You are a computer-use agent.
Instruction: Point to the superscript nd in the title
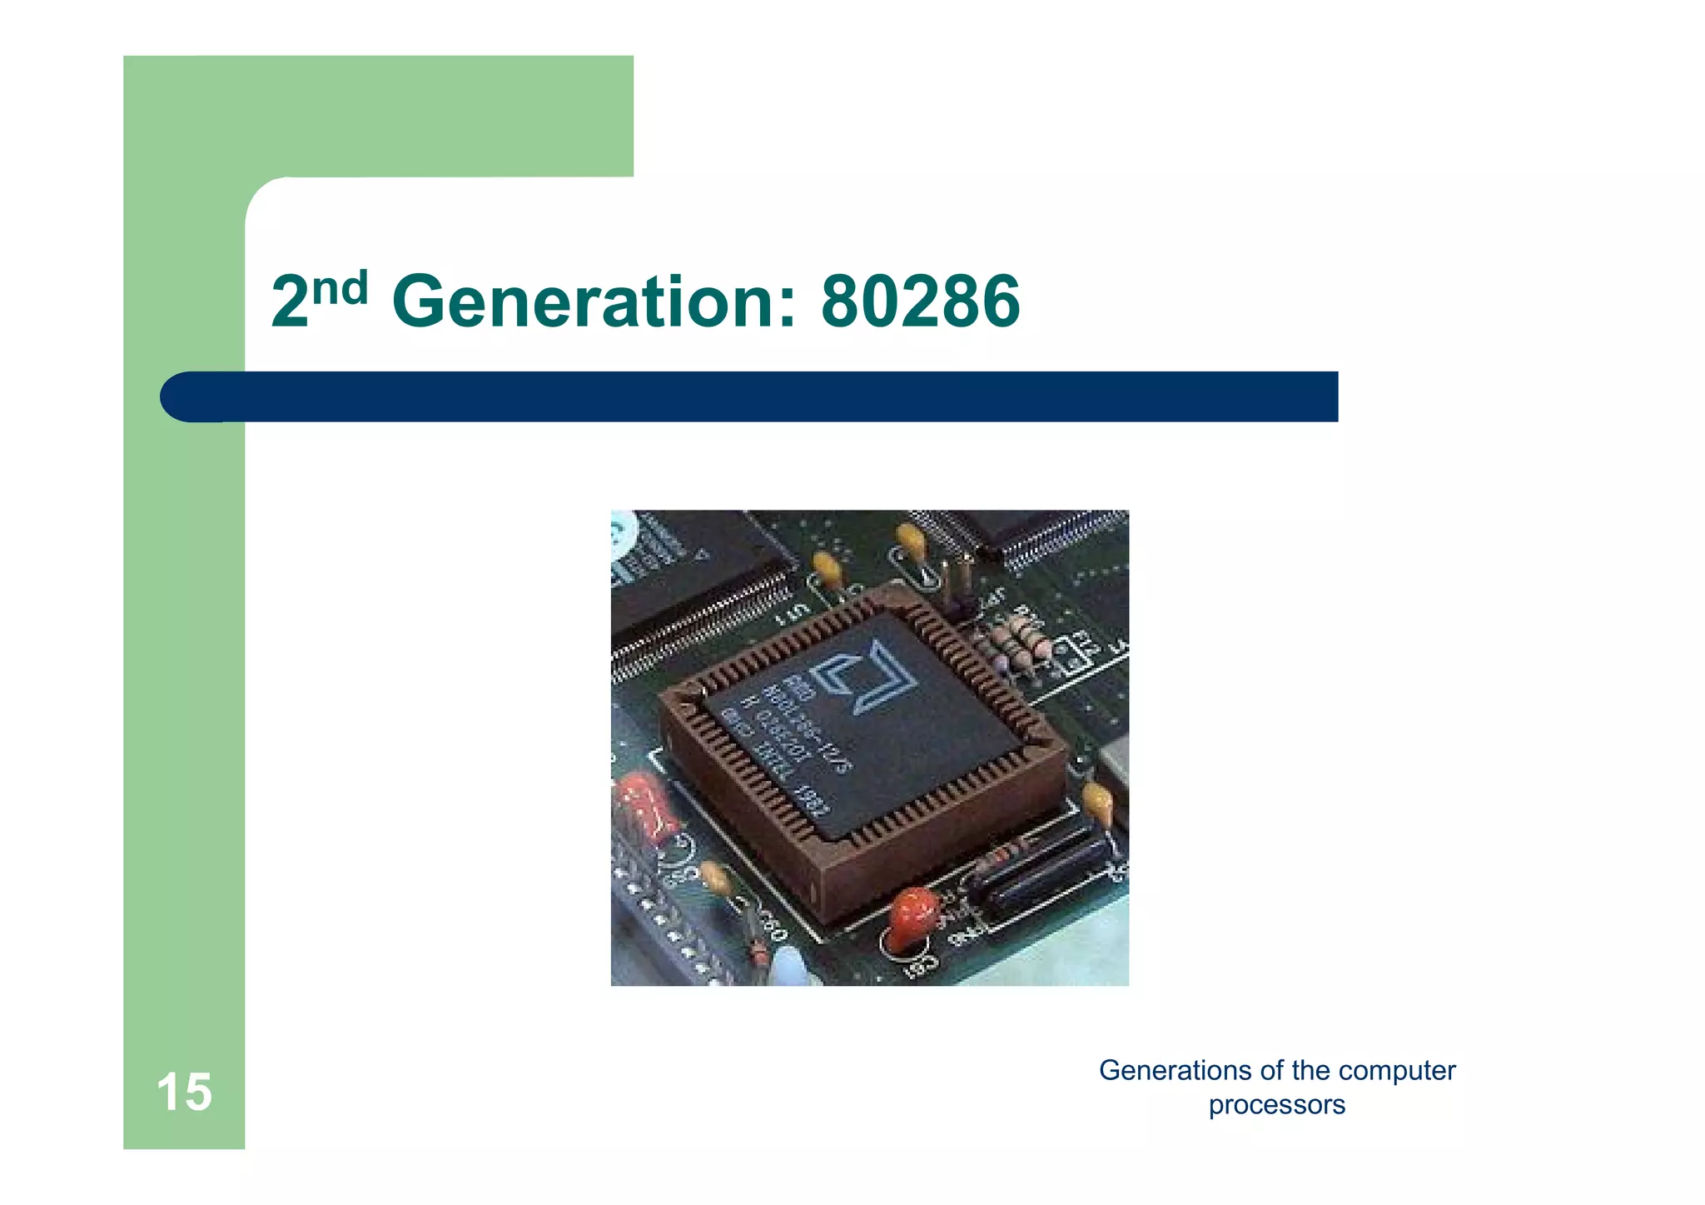coord(341,288)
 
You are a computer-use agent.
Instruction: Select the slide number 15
coord(184,1092)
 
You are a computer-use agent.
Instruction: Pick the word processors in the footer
coord(1276,1105)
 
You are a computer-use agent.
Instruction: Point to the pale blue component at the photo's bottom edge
coord(790,970)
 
